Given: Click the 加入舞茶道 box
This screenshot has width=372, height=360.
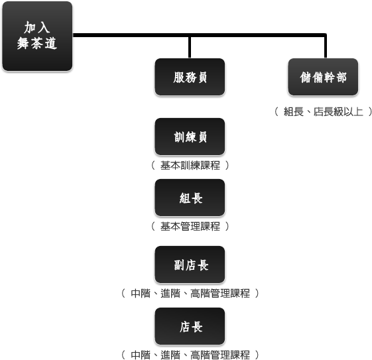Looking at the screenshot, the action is pyautogui.click(x=37, y=36).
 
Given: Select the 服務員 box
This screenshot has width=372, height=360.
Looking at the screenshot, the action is pyautogui.click(x=190, y=77).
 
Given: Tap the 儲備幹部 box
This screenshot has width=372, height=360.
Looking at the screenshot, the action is pyautogui.click(x=323, y=77).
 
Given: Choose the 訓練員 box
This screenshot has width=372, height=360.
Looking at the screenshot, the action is pyautogui.click(x=190, y=137).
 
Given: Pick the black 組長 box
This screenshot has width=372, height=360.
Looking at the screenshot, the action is pyautogui.click(x=190, y=198).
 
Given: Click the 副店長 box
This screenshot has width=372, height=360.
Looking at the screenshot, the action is pyautogui.click(x=190, y=265).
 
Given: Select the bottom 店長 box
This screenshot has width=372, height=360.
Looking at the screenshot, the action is pyautogui.click(x=190, y=326).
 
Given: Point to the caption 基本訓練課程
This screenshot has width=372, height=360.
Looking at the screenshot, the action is pyautogui.click(x=190, y=165).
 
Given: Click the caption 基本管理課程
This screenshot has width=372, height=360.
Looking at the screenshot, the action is pyautogui.click(x=190, y=226).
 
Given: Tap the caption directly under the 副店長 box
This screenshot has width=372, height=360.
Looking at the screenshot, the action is pyautogui.click(x=190, y=293).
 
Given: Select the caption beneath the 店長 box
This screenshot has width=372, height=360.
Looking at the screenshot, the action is pyautogui.click(x=190, y=355).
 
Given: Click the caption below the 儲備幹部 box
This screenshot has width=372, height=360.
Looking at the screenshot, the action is pyautogui.click(x=323, y=111).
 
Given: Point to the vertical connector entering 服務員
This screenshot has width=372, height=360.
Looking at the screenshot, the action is pyautogui.click(x=190, y=47).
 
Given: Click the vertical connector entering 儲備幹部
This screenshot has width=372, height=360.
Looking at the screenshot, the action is pyautogui.click(x=326, y=46).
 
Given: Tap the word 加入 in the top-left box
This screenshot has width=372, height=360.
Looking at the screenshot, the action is pyautogui.click(x=37, y=27).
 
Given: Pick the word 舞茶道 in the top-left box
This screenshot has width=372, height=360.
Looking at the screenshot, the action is pyautogui.click(x=37, y=43).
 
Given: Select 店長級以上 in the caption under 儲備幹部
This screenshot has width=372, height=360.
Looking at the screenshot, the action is pyautogui.click(x=338, y=111).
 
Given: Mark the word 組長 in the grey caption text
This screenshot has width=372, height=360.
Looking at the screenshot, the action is pyautogui.click(x=294, y=111).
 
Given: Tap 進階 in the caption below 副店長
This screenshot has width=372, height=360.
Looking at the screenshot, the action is pyautogui.click(x=170, y=293).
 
